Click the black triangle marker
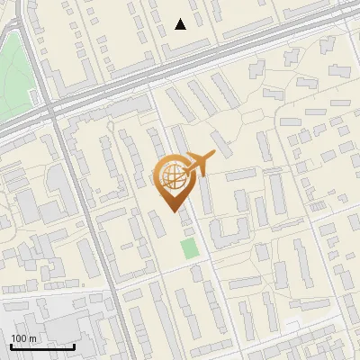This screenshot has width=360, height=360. (181, 24)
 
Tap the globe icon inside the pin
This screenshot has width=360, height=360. (172, 175)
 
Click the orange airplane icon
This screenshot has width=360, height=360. (198, 163)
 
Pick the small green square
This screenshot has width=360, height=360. (188, 248)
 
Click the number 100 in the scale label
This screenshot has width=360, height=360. (20, 338)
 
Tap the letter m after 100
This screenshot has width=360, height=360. (32, 338)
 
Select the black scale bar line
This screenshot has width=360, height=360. (42, 346)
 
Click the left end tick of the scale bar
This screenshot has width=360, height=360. (11, 345)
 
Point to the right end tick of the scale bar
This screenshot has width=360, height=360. (74, 345)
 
